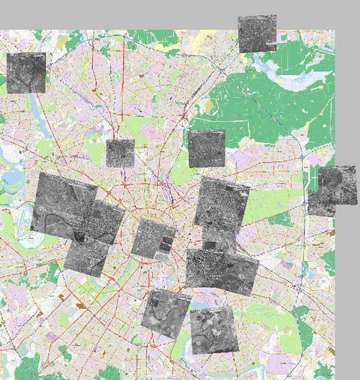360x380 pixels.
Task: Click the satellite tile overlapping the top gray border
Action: pyautogui.click(x=256, y=34)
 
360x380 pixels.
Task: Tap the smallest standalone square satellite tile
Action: pyautogui.click(x=120, y=153)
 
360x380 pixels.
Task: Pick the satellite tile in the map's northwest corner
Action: pyautogui.click(x=26, y=72)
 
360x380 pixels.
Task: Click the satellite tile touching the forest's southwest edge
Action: pyautogui.click(x=206, y=148)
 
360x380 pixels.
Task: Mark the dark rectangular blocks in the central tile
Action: pyautogui.click(x=166, y=243)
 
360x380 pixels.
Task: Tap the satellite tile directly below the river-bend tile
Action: pyautogui.click(x=87, y=256)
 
